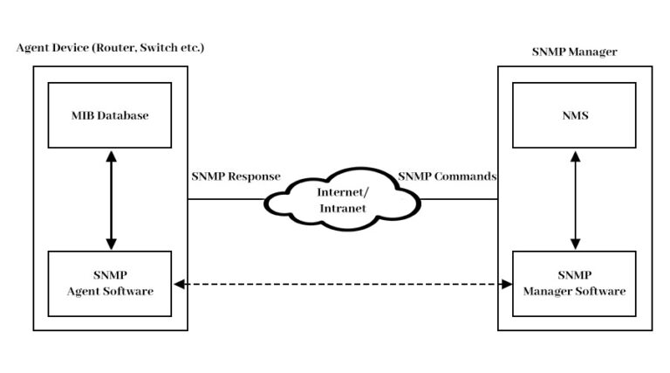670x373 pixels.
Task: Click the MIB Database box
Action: pyautogui.click(x=110, y=115)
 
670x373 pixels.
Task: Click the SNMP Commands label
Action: pyautogui.click(x=447, y=176)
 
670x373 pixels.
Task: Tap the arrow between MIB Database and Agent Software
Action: pyautogui.click(x=111, y=199)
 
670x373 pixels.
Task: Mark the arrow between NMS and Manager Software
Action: pyautogui.click(x=574, y=199)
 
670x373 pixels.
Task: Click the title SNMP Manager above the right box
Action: pyautogui.click(x=574, y=52)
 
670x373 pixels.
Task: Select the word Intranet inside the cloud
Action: pyautogui.click(x=337, y=209)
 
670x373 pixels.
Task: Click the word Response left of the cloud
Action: pyautogui.click(x=256, y=176)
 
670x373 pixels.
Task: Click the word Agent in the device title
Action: pyautogui.click(x=31, y=46)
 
